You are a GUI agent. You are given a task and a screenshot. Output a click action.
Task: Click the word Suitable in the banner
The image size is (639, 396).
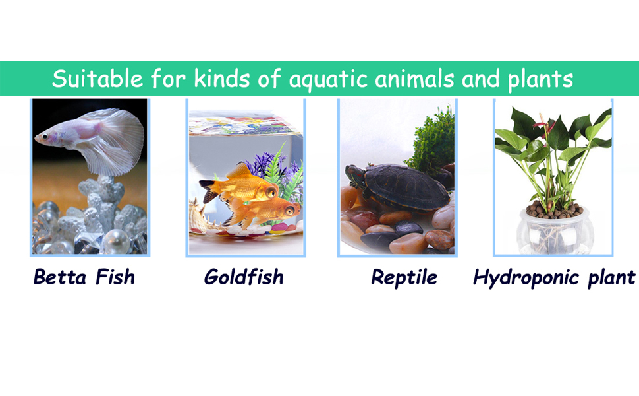pyautogui.click(x=97, y=79)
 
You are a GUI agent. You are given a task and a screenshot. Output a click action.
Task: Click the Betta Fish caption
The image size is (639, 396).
pyautogui.click(x=84, y=277)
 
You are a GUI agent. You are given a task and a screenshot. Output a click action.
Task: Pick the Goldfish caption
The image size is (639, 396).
pyautogui.click(x=244, y=277)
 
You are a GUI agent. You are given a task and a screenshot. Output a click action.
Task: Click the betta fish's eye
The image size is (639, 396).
pyautogui.click(x=44, y=137)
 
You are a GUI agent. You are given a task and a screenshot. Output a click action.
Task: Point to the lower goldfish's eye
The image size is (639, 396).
pyautogui.click(x=290, y=211)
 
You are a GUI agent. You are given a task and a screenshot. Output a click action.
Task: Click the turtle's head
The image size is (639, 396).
pyautogui.click(x=354, y=174)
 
